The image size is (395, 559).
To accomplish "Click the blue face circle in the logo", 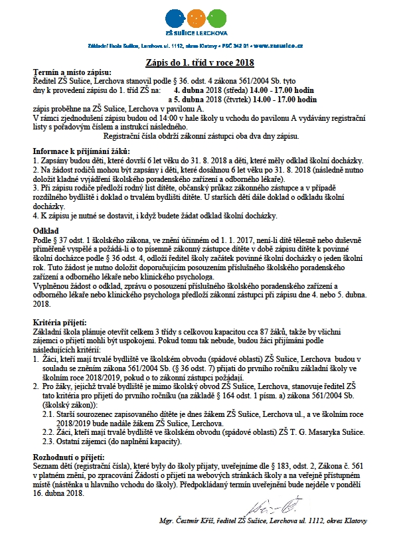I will [177, 15].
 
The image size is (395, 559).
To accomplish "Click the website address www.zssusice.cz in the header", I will [278, 46].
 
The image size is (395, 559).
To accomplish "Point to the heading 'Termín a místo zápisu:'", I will [72, 72].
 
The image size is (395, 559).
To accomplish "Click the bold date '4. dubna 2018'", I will [198, 87].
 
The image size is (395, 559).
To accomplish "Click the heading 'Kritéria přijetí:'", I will [61, 322].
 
